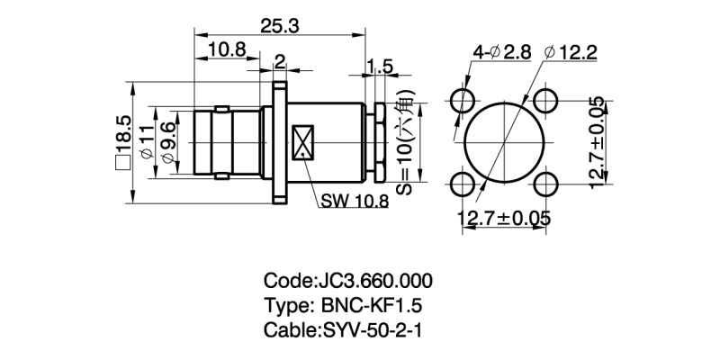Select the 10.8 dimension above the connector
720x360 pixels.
[227, 51]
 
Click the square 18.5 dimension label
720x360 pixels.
[124, 144]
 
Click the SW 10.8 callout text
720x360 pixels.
[354, 201]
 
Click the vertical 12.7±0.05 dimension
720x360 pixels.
[598, 141]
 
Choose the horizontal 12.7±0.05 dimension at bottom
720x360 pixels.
[506, 219]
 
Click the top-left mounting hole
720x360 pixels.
[465, 98]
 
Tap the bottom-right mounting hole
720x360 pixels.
[546, 184]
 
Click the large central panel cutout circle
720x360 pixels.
[505, 141]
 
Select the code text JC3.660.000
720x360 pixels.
[347, 279]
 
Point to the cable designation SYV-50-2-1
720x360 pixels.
[347, 329]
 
